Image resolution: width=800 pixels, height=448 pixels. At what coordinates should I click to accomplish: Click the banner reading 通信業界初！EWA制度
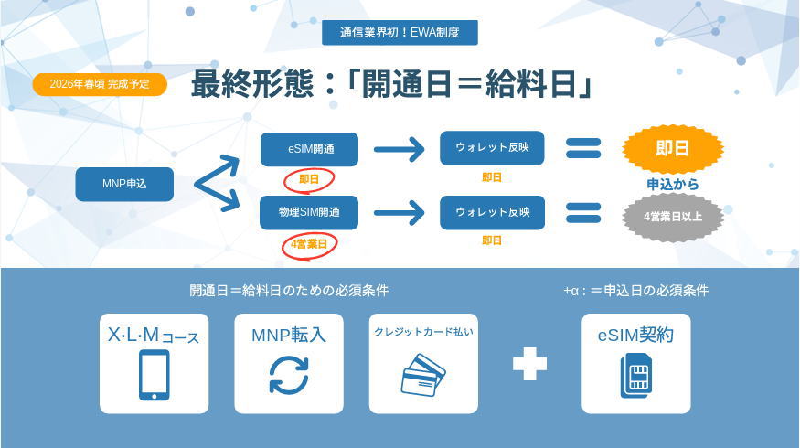pos(400,33)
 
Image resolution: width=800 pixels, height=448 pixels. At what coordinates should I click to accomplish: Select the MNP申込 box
pos(124,184)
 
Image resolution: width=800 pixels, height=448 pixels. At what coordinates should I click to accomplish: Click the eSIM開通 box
pos(309,149)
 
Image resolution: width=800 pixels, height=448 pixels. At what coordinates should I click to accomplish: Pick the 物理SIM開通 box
pos(309,212)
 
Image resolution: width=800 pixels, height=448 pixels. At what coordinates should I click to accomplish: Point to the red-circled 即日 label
pos(309,180)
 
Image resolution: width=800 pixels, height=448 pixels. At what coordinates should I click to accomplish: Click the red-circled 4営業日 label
pos(309,244)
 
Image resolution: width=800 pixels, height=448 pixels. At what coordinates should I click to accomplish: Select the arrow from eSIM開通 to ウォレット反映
pos(400,149)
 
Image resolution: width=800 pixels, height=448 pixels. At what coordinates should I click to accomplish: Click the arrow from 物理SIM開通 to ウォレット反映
pos(400,212)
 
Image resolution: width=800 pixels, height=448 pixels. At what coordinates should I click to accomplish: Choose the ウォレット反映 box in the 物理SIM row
pos(492,212)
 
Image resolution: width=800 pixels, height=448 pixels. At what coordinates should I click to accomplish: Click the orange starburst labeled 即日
pos(672,149)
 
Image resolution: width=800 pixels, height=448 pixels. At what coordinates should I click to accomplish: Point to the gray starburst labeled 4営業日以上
pos(672,217)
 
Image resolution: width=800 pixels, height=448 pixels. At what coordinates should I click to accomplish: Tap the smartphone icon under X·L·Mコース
pos(154,375)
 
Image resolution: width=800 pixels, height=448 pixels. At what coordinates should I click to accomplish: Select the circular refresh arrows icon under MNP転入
pos(289,375)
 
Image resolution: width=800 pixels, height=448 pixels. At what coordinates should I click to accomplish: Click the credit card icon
pos(423,375)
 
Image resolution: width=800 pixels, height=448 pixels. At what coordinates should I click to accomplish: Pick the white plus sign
pos(529,363)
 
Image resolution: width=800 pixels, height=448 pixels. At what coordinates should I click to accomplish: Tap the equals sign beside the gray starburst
pos(583,212)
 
